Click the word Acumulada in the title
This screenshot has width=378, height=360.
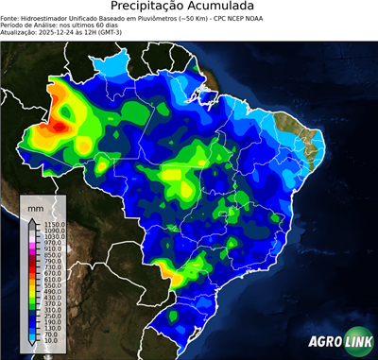pos(237,8)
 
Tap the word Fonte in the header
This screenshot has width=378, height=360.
pos(10,17)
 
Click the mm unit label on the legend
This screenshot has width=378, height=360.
pos(35,207)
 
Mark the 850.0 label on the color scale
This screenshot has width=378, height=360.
pos(48,255)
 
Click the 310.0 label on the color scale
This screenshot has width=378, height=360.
pos(48,310)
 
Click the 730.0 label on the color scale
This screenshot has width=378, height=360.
pos(48,267)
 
